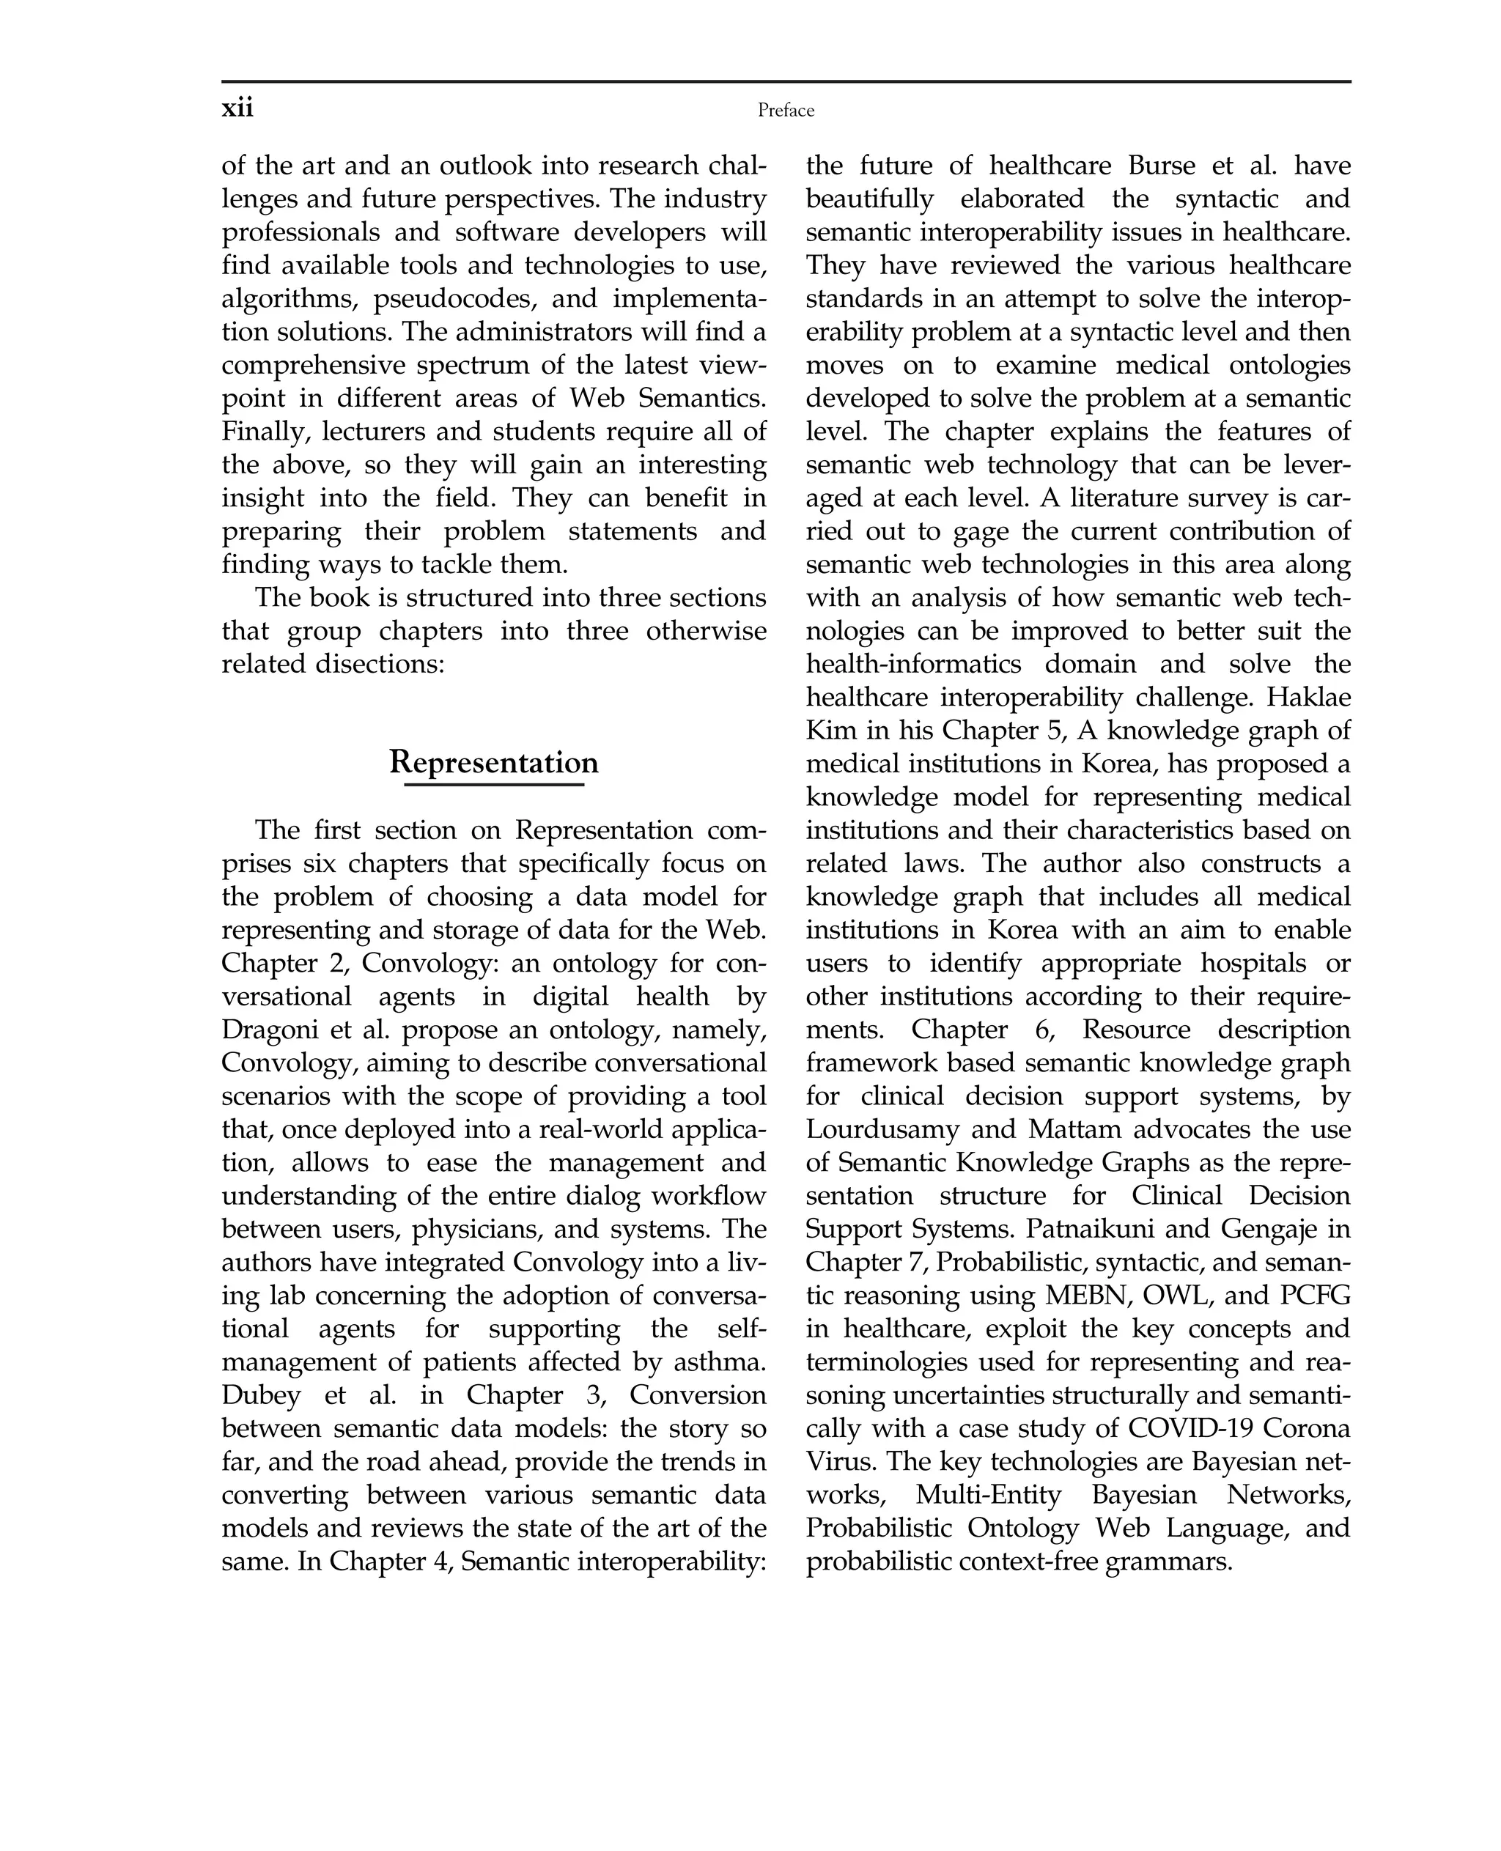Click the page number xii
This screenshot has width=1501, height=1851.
[x=237, y=109]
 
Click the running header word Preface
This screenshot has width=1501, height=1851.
[x=785, y=111]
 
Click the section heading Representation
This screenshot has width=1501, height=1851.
[x=494, y=763]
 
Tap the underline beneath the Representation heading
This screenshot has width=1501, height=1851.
[x=494, y=785]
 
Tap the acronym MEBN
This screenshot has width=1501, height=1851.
[x=1088, y=1296]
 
